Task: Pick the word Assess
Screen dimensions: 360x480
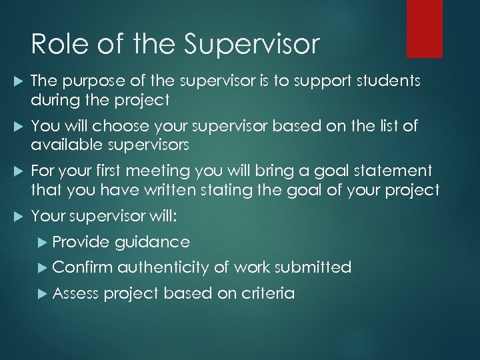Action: pos(75,293)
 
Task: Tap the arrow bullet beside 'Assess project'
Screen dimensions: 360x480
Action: pos(43,294)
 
